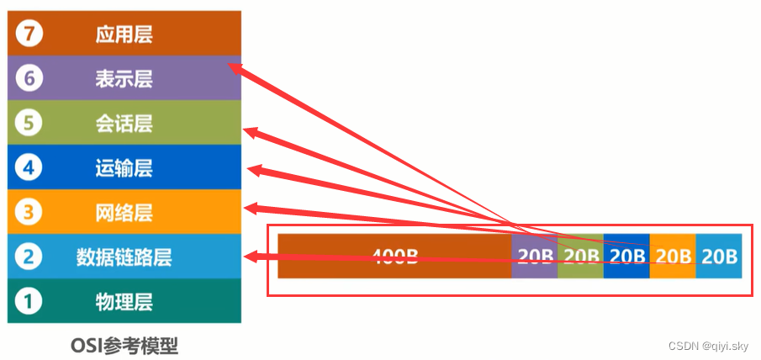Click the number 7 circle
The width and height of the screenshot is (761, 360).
click(x=29, y=34)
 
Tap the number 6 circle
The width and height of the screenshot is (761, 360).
click(x=29, y=79)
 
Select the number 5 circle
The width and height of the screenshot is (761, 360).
click(x=29, y=124)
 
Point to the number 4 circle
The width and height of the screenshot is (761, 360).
click(x=29, y=168)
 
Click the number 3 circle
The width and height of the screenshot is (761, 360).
click(x=29, y=212)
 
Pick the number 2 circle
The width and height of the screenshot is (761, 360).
click(x=29, y=257)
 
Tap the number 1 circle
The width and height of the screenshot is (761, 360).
click(x=29, y=301)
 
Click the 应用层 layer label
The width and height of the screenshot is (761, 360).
click(x=124, y=34)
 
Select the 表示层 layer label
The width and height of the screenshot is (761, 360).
click(x=124, y=79)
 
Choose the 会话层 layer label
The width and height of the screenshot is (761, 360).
click(x=124, y=124)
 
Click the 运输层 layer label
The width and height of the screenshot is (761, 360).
click(x=124, y=168)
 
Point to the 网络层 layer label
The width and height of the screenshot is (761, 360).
click(x=124, y=212)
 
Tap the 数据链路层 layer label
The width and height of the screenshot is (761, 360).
click(x=124, y=257)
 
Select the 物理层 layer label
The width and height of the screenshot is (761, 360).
click(x=124, y=301)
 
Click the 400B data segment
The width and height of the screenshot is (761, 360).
click(x=394, y=256)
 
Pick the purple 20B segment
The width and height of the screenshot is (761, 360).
click(x=534, y=256)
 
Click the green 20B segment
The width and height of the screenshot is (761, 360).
click(x=580, y=256)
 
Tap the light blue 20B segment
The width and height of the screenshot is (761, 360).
click(x=719, y=256)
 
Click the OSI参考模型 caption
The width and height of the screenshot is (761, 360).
click(x=124, y=345)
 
